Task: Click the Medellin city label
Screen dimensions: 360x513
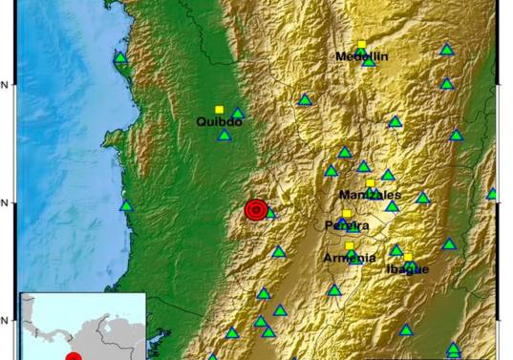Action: (x=361, y=57)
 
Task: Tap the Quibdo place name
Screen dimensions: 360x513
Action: (x=219, y=122)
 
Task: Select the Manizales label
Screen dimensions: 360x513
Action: (x=370, y=195)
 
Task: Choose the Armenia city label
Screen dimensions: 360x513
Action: (x=349, y=258)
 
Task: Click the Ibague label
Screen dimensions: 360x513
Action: (x=407, y=268)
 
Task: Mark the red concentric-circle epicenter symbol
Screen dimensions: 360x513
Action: (x=255, y=210)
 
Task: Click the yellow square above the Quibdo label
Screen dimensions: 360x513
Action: (x=219, y=110)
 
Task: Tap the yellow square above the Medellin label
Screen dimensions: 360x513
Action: (x=361, y=44)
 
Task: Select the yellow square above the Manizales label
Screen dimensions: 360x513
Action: (x=370, y=183)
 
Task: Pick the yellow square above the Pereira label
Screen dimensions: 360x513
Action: (x=347, y=214)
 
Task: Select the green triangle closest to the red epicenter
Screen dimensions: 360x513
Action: (x=269, y=213)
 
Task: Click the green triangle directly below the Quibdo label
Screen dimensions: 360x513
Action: (x=224, y=136)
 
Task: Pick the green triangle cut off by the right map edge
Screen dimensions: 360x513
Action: (x=492, y=194)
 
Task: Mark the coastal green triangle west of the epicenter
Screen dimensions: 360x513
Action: (x=125, y=205)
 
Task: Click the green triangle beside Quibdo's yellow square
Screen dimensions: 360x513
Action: (x=237, y=114)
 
